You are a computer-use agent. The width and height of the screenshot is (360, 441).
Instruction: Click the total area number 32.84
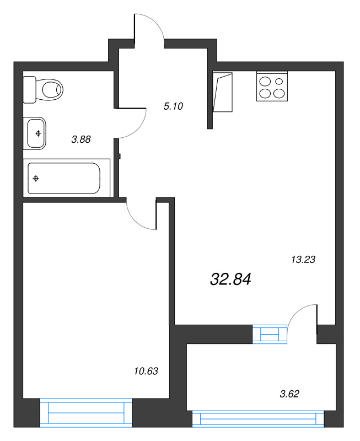(x=230, y=279)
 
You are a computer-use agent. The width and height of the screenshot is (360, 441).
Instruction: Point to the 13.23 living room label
(x=302, y=259)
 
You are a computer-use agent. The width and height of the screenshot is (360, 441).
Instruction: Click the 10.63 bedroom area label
(x=146, y=371)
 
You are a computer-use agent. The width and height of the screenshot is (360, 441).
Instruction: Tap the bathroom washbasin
(x=36, y=133)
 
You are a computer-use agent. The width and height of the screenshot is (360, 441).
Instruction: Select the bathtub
(x=63, y=178)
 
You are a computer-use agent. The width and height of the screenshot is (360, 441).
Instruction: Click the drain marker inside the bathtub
(x=36, y=178)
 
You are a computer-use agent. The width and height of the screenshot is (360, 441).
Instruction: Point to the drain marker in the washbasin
(x=37, y=133)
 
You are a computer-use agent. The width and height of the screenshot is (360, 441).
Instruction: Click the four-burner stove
(x=272, y=87)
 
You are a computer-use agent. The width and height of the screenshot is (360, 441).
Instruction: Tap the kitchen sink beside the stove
(x=224, y=92)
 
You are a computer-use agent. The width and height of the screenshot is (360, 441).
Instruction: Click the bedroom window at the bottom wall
(x=87, y=412)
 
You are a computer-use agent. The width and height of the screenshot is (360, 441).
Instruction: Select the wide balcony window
(x=257, y=418)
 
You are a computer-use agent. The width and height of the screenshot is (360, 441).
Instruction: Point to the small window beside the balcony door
(x=270, y=334)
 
